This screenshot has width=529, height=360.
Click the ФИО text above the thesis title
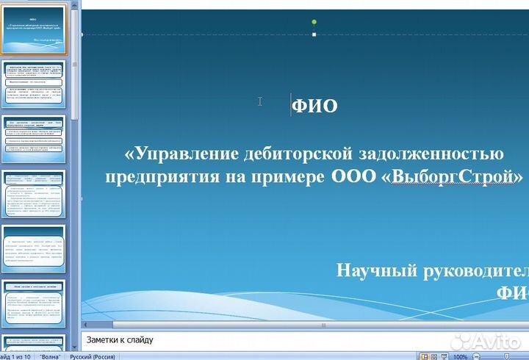[315, 107]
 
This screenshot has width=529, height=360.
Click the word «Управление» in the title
[178, 154]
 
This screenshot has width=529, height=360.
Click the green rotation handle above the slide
[314, 22]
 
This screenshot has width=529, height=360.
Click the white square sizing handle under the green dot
[314, 35]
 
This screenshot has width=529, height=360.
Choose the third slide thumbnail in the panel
[35, 140]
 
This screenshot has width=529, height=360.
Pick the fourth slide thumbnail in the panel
[35, 195]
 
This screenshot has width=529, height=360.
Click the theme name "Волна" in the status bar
[51, 356]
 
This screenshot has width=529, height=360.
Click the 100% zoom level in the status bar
[461, 356]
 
